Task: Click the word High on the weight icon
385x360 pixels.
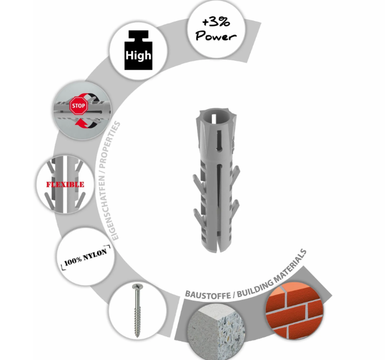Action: coord(138,55)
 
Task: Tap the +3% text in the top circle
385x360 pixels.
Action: coord(216,22)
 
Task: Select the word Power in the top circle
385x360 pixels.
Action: coord(216,36)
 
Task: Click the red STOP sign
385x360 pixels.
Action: coord(78,106)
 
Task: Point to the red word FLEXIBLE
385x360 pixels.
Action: coord(66,185)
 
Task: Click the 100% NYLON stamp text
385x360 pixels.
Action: coord(85,257)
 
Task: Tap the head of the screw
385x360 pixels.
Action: coord(137,286)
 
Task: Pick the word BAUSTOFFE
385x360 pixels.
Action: coord(208,295)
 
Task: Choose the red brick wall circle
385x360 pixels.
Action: coord(294,310)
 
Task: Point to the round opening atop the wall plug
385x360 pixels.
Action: coord(217,117)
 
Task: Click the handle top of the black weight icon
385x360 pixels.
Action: coord(138,35)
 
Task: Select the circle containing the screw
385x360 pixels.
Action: coord(138,310)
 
